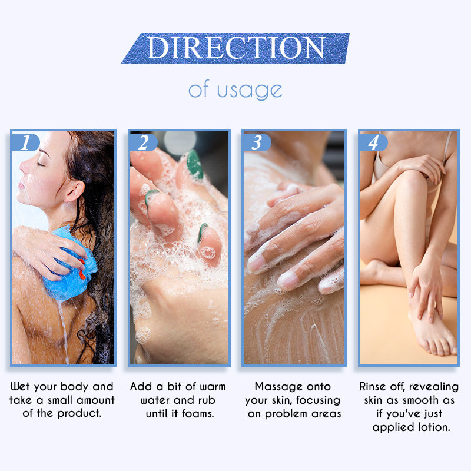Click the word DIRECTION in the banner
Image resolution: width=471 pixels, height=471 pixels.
pos(236,48)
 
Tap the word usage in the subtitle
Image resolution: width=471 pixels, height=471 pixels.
pos(250,91)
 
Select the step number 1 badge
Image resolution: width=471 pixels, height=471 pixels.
pos(25,142)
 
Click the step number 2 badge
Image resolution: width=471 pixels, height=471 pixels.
pos(143,142)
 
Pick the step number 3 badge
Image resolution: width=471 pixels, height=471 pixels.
pos(257,142)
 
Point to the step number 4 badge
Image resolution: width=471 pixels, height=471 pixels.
pos(373,142)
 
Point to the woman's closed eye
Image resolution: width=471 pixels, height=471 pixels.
pos(41,164)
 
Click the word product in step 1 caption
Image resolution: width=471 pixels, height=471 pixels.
pos(79,414)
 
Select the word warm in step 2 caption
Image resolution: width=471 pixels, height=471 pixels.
pos(213,387)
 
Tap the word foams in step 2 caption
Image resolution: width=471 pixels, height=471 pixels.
pos(198,414)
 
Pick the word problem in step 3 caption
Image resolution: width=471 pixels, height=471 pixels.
pos(286,414)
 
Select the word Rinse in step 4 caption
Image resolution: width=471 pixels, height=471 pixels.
pos(373,386)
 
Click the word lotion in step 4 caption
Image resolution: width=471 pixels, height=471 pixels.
pos(434,427)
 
